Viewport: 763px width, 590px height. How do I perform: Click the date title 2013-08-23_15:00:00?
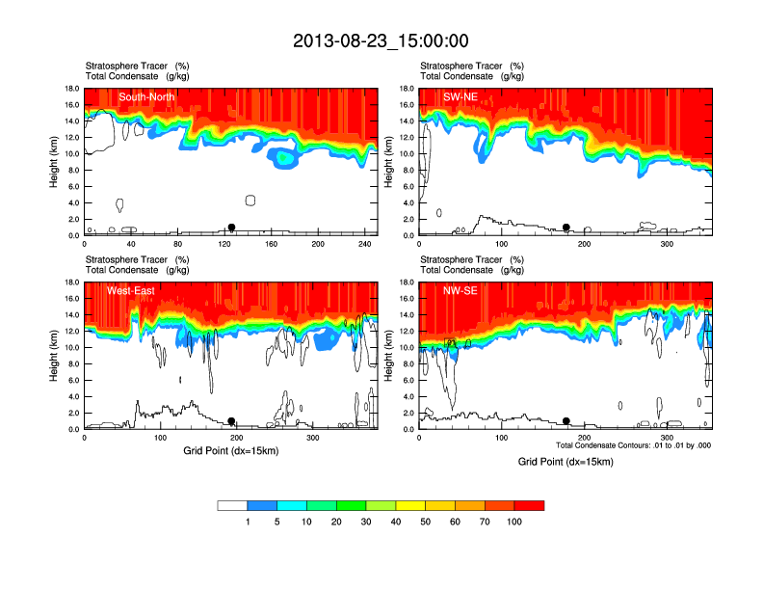point(381,40)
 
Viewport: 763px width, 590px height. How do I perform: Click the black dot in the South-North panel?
point(231,228)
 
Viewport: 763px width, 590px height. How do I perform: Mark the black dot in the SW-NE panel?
point(566,228)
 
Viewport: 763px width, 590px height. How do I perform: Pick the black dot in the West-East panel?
point(231,421)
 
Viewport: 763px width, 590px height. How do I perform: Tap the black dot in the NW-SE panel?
point(566,421)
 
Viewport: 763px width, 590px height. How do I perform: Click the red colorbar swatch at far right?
point(530,505)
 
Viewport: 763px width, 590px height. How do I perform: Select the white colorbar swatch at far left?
point(232,505)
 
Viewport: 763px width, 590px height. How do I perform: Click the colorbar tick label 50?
point(426,522)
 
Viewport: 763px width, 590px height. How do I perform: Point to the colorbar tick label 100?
point(514,522)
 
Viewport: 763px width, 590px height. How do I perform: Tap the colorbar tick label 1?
point(248,522)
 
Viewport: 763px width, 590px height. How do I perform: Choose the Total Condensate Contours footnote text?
point(633,445)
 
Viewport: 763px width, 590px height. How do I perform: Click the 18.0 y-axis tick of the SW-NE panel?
point(408,89)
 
